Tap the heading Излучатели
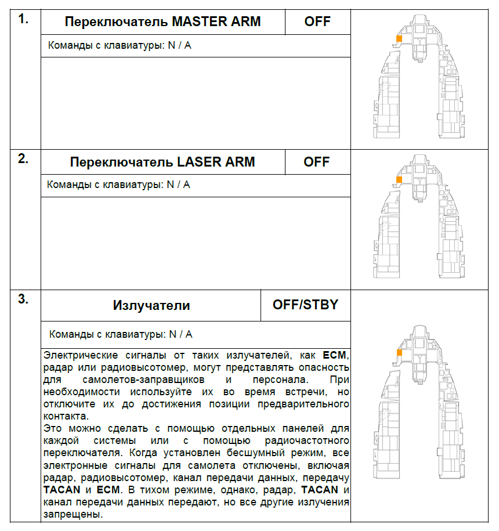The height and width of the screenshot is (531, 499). tap(151, 305)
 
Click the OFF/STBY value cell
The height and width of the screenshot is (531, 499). tap(305, 305)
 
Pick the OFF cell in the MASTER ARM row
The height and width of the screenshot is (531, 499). tap(317, 22)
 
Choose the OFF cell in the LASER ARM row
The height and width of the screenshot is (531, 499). tap(317, 162)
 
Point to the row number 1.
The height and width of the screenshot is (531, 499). tap(23, 19)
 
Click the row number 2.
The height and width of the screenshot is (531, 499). tap(23, 159)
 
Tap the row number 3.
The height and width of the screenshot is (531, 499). tap(23, 300)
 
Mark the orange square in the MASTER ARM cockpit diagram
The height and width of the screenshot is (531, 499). tap(399, 38)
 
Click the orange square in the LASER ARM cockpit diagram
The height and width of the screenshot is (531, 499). tap(399, 179)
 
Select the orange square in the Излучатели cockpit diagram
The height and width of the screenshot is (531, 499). tap(399, 352)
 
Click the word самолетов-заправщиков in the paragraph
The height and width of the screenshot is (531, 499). tap(137, 380)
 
